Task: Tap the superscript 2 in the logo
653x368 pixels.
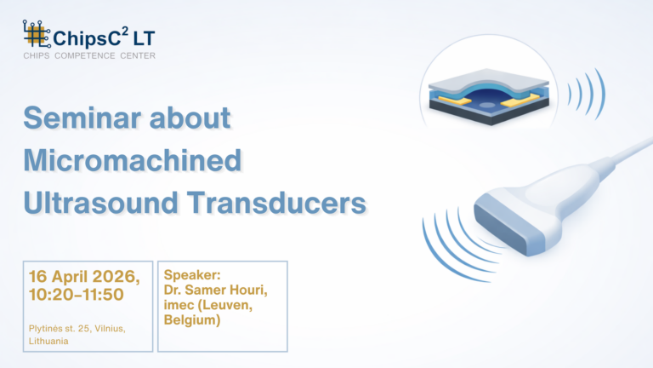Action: [x=124, y=31]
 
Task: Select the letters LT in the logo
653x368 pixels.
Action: [x=144, y=38]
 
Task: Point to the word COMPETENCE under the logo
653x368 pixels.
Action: [x=84, y=55]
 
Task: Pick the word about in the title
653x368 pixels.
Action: [x=190, y=118]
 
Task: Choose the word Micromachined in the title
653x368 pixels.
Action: [x=133, y=160]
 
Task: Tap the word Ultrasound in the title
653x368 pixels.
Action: [x=101, y=203]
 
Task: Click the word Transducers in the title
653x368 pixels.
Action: [x=276, y=203]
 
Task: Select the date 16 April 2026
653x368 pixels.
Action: [x=84, y=276]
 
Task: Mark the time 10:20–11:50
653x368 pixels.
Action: [x=77, y=295]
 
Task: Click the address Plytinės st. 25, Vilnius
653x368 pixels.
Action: [x=77, y=329]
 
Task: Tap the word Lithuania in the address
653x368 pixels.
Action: [x=48, y=342]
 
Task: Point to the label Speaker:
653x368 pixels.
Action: [x=192, y=275]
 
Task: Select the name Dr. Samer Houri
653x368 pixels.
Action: [x=215, y=290]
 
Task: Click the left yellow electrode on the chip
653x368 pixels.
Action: [x=455, y=101]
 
